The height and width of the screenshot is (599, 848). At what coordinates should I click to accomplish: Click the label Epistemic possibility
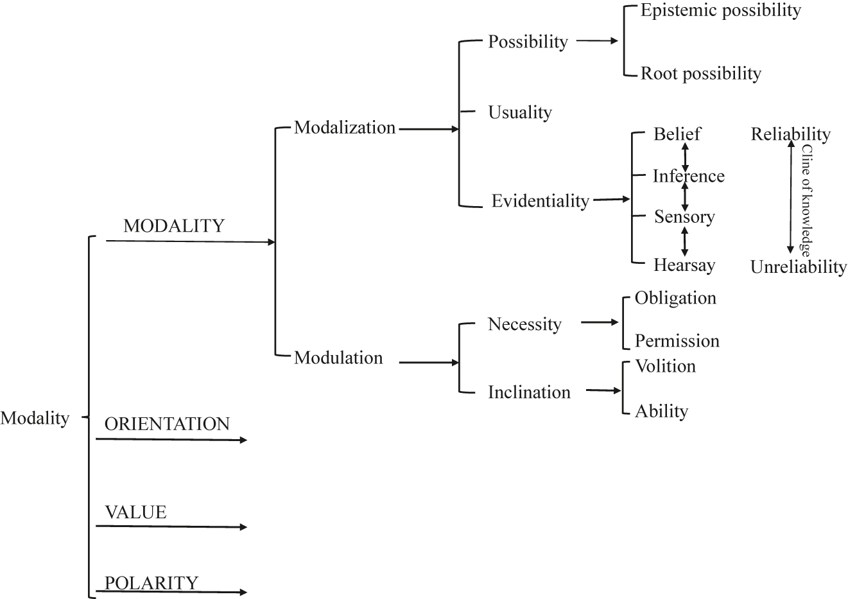coord(721,11)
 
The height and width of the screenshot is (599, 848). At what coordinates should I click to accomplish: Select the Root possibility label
coord(701,74)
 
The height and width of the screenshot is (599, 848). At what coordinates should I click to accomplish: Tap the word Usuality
coord(520,112)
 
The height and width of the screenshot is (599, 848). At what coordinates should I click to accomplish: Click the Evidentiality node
coord(540,201)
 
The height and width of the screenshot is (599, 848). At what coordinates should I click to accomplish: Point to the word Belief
coord(677,134)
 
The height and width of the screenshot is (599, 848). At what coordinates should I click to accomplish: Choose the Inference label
coord(688,176)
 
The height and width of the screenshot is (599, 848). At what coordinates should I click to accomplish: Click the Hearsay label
coord(684,265)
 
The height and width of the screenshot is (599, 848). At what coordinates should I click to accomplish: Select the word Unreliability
coord(799,267)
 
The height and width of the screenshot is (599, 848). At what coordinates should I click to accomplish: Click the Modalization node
coord(345,128)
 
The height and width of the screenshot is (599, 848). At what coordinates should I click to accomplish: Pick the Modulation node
coord(338,358)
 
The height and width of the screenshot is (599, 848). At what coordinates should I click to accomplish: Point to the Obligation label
coord(675,298)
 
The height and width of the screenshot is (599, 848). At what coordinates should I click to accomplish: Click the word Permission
coord(677,341)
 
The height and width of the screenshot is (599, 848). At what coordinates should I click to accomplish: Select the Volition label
coord(665,366)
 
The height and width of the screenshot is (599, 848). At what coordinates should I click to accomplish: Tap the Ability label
coord(661,411)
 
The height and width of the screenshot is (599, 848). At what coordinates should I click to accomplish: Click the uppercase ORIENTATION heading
coord(167,424)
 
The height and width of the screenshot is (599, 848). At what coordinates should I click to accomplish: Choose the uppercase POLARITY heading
coord(151,583)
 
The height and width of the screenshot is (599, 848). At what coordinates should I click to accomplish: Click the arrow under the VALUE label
coord(171,527)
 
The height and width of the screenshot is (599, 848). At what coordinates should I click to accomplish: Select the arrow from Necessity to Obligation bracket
coord(600,322)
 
